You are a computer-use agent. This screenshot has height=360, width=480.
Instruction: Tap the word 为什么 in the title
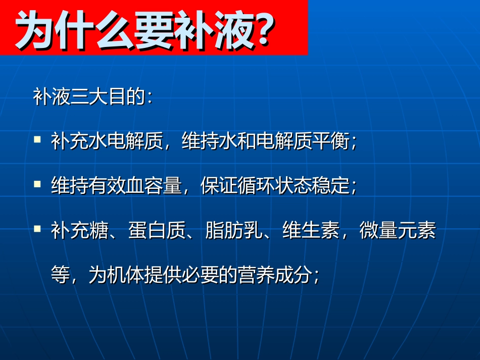coord(76,31)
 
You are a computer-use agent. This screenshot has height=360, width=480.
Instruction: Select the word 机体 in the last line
coord(125,276)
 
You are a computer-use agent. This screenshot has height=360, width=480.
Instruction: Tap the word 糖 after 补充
coord(98,233)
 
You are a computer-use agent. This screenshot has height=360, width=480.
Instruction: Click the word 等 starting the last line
coord(60,276)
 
